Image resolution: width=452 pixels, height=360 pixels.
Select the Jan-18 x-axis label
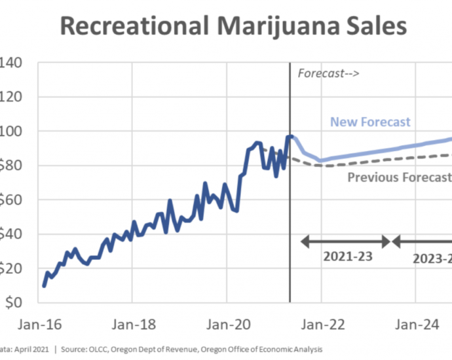coord(132,324)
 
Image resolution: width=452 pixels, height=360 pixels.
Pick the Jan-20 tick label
coord(227,324)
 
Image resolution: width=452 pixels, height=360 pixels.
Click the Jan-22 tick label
coord(321,324)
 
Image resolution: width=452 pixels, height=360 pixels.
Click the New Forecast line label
coord(370,122)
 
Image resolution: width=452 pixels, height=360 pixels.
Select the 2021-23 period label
coord(347,256)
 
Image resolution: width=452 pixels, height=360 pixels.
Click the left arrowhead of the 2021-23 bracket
coord(305,241)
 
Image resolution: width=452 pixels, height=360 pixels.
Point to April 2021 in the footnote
coord(33,350)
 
